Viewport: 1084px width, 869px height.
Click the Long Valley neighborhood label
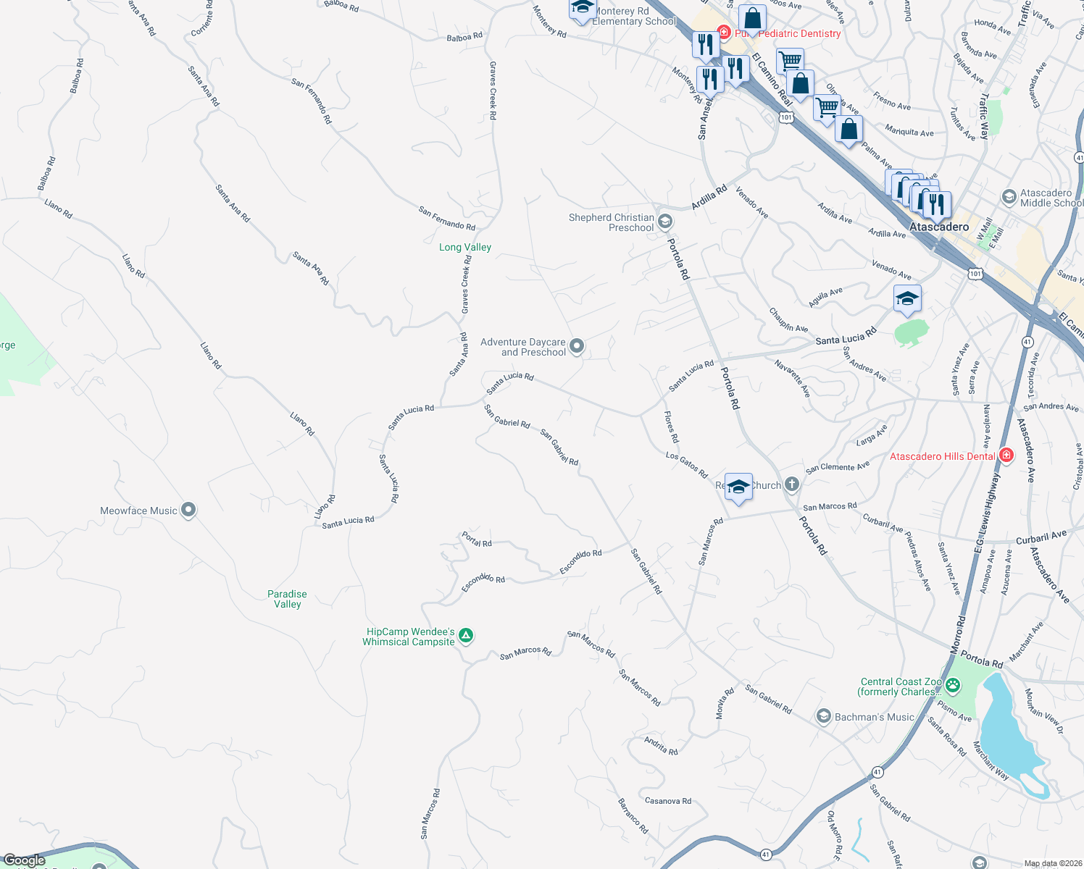(x=464, y=248)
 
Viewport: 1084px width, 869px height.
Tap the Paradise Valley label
(x=287, y=599)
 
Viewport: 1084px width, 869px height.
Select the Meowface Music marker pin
(x=188, y=510)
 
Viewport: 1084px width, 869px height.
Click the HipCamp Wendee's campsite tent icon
(x=466, y=636)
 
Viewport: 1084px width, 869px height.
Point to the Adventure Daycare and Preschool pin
(x=577, y=346)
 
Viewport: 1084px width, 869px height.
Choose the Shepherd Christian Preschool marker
(x=665, y=222)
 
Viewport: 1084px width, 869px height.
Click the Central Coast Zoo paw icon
(x=953, y=684)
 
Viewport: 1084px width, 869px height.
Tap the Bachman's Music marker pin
(x=823, y=716)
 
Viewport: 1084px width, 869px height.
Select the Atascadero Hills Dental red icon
(x=1006, y=456)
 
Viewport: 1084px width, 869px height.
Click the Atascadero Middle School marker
(x=1009, y=197)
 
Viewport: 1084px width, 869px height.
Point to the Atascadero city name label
(x=939, y=227)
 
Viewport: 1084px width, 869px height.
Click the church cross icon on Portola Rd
(x=792, y=484)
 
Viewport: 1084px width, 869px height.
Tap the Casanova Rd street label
(x=667, y=801)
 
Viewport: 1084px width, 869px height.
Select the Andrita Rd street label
(x=661, y=746)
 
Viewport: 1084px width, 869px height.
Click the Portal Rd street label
(x=477, y=540)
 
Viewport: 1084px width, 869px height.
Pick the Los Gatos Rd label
(x=686, y=465)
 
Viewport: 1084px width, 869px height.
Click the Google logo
(x=25, y=860)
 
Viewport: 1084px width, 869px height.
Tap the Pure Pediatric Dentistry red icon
(x=723, y=32)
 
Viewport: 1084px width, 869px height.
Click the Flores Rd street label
(x=672, y=427)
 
